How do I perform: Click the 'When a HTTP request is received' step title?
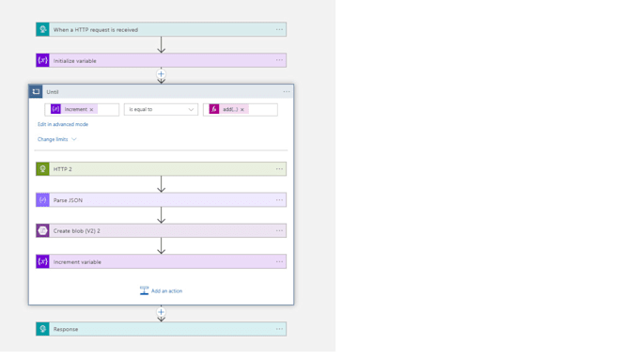[96, 30]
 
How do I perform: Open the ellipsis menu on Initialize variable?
[279, 60]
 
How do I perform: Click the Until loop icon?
[36, 92]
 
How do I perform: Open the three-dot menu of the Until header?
[287, 92]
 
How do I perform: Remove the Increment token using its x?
[91, 110]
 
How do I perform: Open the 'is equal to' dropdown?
[161, 110]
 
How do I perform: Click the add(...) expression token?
[229, 110]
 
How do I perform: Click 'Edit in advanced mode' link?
[63, 124]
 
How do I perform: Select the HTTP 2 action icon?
[42, 169]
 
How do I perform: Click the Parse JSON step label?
[68, 200]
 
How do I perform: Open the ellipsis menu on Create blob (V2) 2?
[279, 230]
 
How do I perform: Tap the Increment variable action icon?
[42, 261]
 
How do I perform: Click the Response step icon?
[42, 329]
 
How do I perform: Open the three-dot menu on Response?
[279, 329]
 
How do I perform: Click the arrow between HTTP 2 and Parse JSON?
[161, 184]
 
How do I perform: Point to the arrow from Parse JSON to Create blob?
[161, 215]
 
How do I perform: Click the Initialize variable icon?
[42, 60]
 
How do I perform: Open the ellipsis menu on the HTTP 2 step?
[279, 169]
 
